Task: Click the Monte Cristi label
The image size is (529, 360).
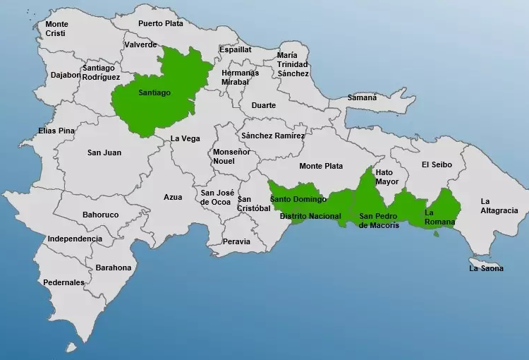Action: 56,28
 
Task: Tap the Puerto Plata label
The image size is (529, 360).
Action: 160,23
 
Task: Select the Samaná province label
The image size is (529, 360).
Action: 362,97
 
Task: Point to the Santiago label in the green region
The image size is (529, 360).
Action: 154,92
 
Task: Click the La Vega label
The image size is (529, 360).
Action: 185,139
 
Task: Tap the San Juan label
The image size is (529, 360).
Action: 104,152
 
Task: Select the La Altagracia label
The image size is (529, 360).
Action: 499,205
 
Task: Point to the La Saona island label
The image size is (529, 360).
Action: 487,268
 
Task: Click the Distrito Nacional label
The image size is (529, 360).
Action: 310,216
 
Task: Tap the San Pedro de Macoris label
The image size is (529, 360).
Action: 379,220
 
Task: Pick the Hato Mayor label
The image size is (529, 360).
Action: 387,176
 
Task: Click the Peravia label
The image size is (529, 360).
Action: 236,241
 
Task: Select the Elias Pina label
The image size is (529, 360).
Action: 56,131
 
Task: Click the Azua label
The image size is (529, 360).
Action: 173,197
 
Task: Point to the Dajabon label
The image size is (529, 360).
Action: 65,75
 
